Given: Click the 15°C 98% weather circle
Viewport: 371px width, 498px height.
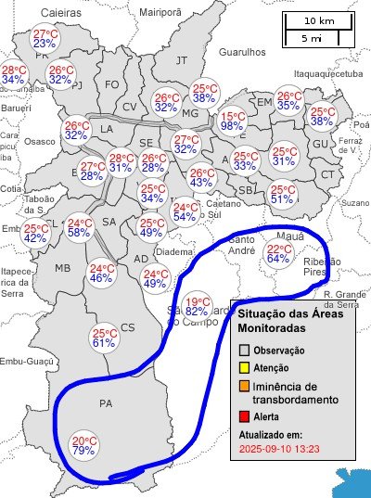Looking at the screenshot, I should pyautogui.click(x=232, y=122).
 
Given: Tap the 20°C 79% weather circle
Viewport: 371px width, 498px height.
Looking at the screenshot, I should pyautogui.click(x=84, y=446).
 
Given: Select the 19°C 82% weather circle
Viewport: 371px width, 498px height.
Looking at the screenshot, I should pyautogui.click(x=197, y=306).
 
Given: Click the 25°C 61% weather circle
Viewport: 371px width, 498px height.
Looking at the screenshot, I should pyautogui.click(x=104, y=338).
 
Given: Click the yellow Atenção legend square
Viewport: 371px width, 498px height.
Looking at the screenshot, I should pyautogui.click(x=245, y=368).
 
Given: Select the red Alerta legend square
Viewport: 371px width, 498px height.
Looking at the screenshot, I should pyautogui.click(x=245, y=417).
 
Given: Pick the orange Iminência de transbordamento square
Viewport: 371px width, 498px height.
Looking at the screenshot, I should pyautogui.click(x=245, y=386).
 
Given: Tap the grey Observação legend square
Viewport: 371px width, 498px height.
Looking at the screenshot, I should pyautogui.click(x=245, y=351).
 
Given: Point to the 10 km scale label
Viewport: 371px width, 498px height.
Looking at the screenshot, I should pyautogui.click(x=320, y=20).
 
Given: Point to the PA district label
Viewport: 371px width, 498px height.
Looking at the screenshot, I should pyautogui.click(x=105, y=402).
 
